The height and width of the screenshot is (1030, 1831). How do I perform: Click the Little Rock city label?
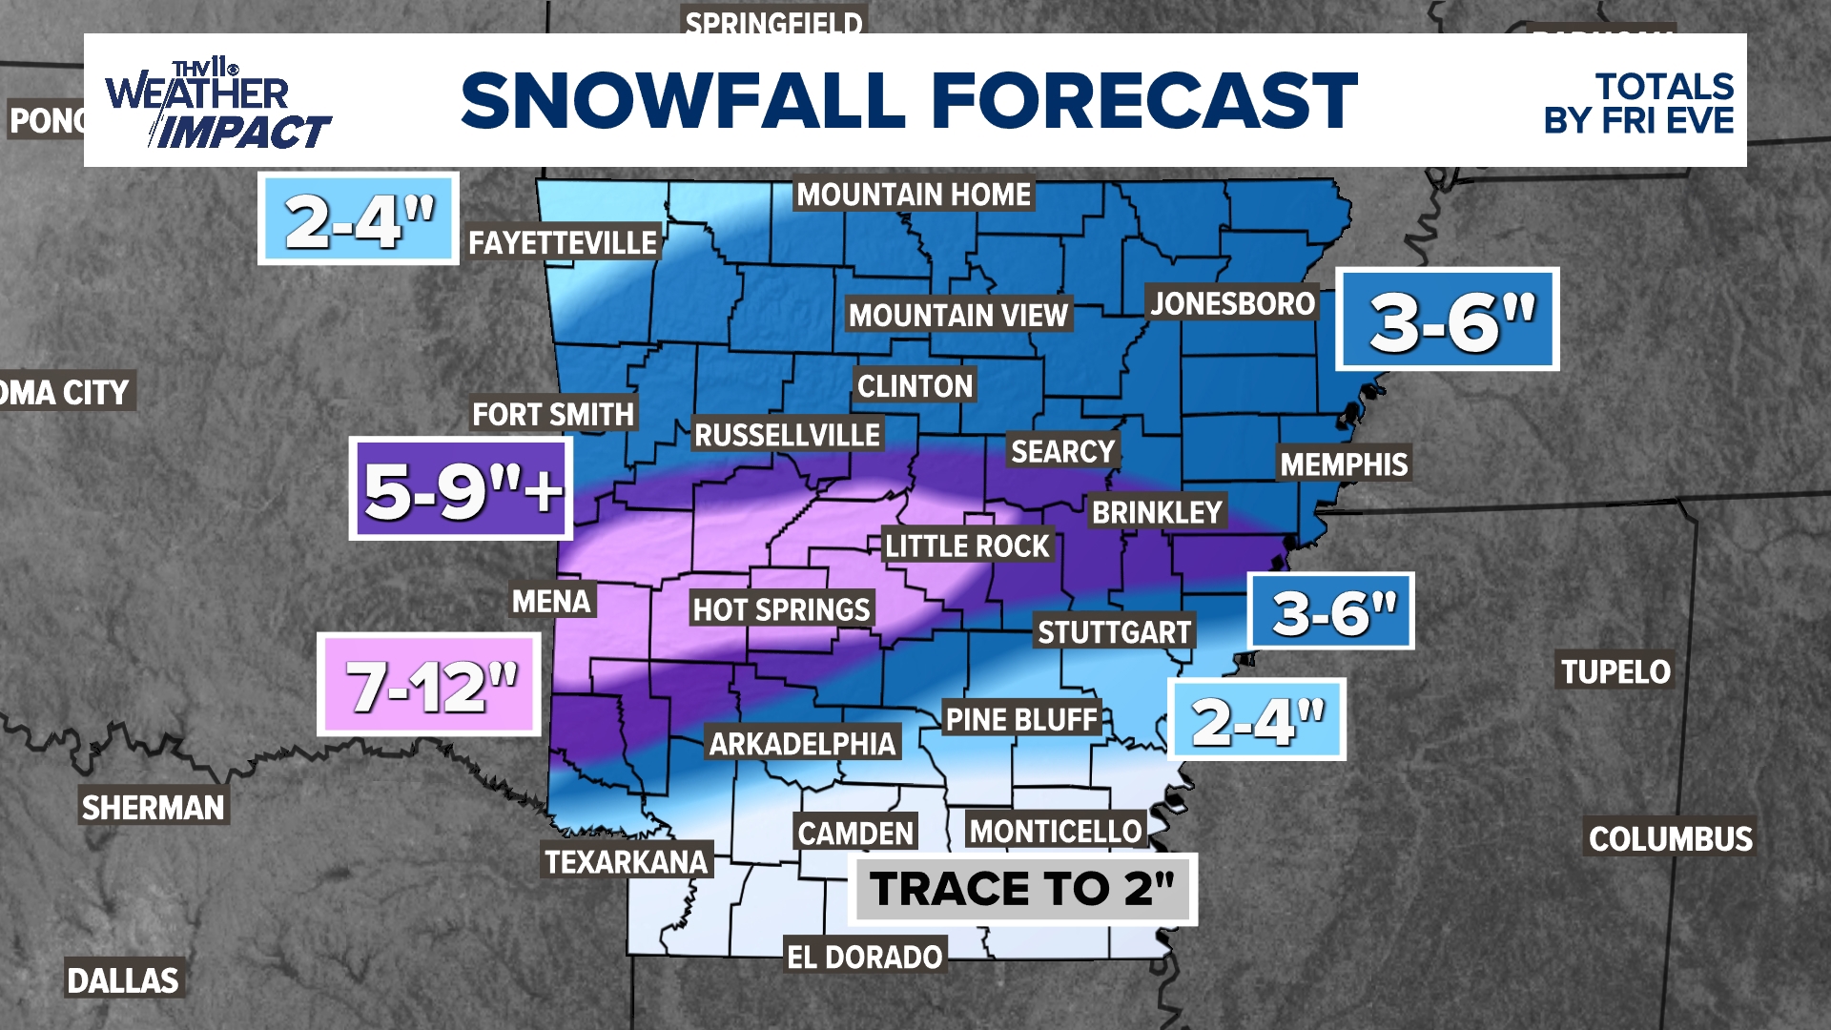click(967, 546)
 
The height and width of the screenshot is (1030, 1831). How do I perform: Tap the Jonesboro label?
click(1232, 304)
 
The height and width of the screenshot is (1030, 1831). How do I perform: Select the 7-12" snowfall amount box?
click(429, 685)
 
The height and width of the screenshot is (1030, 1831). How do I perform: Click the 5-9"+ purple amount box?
click(462, 489)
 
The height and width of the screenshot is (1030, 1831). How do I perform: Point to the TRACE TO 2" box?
click(1022, 889)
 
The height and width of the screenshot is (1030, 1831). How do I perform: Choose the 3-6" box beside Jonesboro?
click(1448, 319)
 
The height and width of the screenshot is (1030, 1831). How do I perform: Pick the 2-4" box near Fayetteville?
click(359, 219)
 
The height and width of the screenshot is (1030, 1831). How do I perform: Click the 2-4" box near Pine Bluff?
click(1257, 720)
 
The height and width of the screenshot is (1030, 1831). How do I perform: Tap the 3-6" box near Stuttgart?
click(1331, 611)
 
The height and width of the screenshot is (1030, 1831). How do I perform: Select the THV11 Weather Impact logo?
click(217, 105)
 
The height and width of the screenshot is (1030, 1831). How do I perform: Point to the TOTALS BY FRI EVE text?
click(1640, 103)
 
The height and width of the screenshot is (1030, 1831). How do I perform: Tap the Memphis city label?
click(1343, 464)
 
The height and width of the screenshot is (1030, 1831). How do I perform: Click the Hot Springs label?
click(781, 609)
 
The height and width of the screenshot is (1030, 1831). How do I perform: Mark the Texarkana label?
click(626, 862)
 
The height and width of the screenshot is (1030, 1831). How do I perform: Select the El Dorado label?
click(864, 957)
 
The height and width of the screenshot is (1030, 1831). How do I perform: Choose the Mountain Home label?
click(914, 195)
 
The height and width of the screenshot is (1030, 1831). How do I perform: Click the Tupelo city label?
click(1615, 671)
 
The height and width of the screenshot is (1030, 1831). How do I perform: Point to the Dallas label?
click(123, 979)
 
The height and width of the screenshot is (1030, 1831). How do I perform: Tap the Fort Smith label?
click(553, 415)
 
